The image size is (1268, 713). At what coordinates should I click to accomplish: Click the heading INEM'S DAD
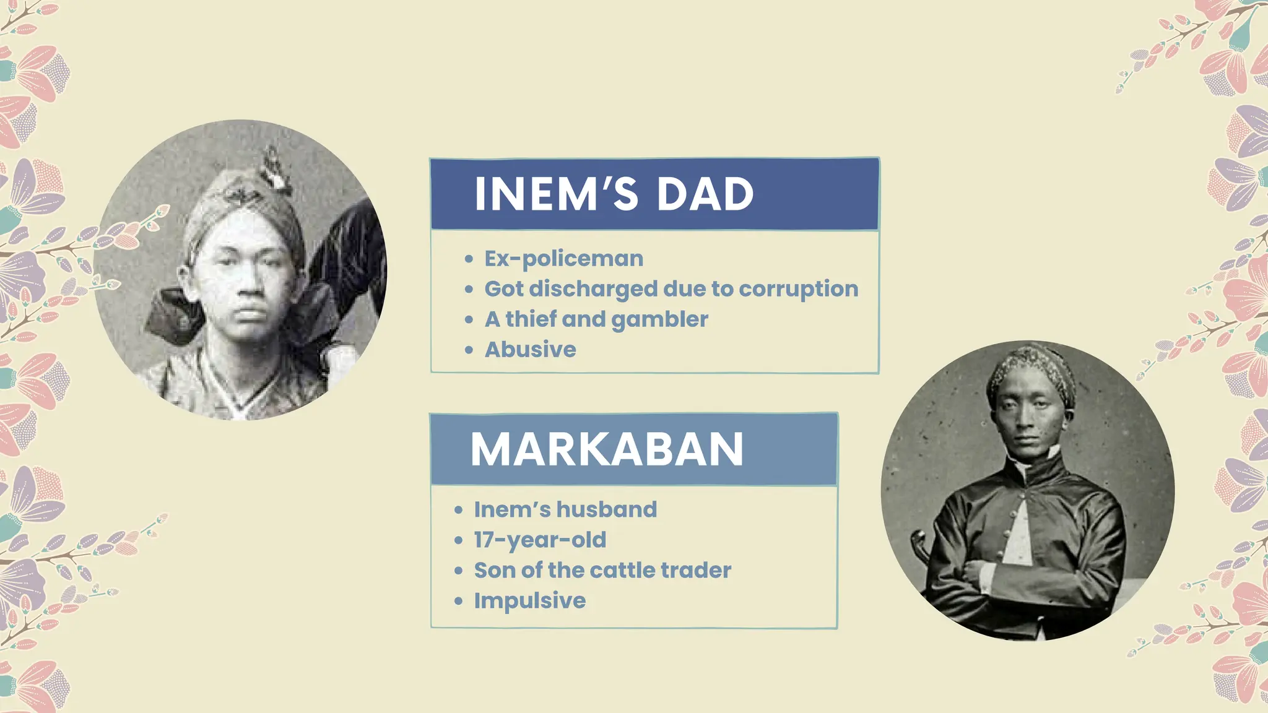(614, 194)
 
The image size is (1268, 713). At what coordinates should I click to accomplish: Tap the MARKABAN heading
(607, 449)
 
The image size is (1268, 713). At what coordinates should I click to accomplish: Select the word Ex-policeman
(563, 259)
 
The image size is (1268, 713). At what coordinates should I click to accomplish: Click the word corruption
(798, 289)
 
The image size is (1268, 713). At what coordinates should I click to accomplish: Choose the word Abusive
(530, 350)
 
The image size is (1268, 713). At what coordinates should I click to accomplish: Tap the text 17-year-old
(540, 540)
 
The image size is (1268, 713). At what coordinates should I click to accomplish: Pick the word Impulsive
(529, 600)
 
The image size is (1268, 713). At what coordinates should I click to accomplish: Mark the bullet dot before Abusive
(469, 350)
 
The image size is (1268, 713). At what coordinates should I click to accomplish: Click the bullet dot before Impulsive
(458, 601)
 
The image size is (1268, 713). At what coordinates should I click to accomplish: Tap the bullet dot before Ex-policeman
(469, 259)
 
